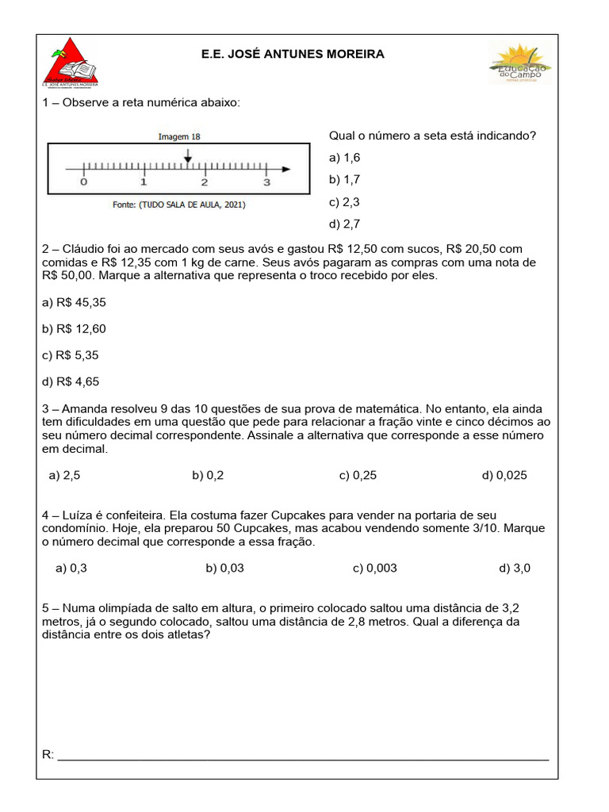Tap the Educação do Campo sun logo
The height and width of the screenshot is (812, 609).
pyautogui.click(x=520, y=63)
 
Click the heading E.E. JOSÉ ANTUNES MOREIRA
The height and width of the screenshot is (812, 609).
pyautogui.click(x=293, y=55)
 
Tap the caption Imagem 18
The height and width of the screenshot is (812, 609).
pyautogui.click(x=179, y=136)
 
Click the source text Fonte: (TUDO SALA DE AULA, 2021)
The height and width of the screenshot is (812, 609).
pyautogui.click(x=179, y=205)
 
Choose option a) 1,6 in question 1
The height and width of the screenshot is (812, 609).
pyautogui.click(x=344, y=158)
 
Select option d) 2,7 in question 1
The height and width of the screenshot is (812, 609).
pyautogui.click(x=344, y=224)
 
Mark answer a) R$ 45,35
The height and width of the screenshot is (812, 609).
pyautogui.click(x=74, y=302)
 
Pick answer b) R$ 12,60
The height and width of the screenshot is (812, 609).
pyautogui.click(x=74, y=328)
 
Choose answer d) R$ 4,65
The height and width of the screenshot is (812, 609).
pyautogui.click(x=71, y=381)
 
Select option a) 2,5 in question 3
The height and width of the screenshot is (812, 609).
pyautogui.click(x=64, y=475)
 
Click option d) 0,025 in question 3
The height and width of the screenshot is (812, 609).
pyautogui.click(x=504, y=475)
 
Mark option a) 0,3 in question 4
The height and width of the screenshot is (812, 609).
pyautogui.click(x=71, y=568)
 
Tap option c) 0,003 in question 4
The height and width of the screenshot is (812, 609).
pyautogui.click(x=375, y=568)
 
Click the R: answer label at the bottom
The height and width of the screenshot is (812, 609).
pyautogui.click(x=48, y=754)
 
